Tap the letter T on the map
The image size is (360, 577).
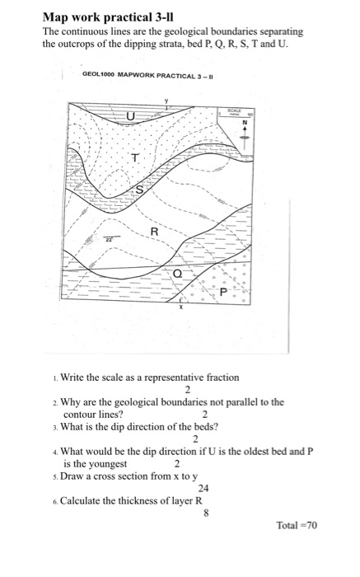pyautogui.click(x=135, y=158)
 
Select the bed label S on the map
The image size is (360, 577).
pyautogui.click(x=139, y=190)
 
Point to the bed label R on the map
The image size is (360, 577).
pyautogui.click(x=154, y=233)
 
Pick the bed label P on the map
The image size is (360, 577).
pyautogui.click(x=222, y=293)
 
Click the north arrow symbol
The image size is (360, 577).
pyautogui.click(x=244, y=133)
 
